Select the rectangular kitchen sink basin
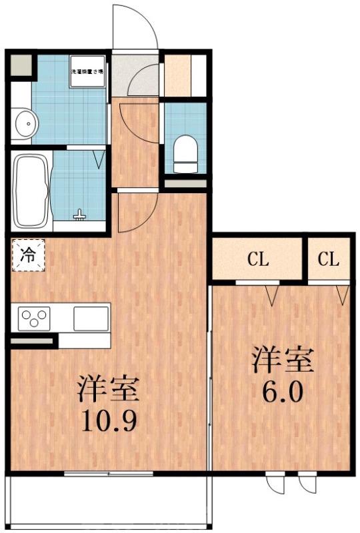[x=91, y=318]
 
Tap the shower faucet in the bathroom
[x=80, y=215]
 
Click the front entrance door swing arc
[x=137, y=27]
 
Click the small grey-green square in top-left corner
[x=21, y=65]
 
